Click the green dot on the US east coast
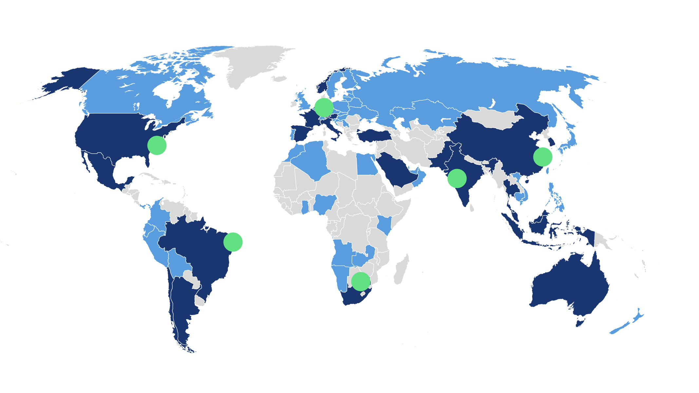(157, 146)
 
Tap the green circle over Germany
(324, 107)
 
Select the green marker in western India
(457, 178)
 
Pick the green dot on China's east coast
(543, 157)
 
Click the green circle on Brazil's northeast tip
(233, 242)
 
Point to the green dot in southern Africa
(361, 281)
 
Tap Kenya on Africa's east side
(384, 224)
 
